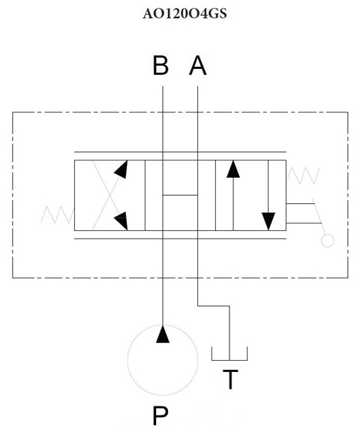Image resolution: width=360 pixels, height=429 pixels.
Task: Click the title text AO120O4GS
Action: click(x=184, y=13)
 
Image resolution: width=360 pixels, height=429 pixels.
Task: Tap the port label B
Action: click(x=160, y=65)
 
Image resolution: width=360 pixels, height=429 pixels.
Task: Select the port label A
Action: click(x=197, y=65)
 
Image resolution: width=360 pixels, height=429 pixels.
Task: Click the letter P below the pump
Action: click(x=160, y=415)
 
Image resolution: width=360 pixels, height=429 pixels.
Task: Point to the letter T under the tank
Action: click(x=230, y=379)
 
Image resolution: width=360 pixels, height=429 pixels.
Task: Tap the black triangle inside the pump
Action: click(x=163, y=334)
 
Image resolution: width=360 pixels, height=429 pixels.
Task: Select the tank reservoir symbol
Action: click(x=229, y=359)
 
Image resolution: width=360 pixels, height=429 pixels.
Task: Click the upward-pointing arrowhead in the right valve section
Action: click(x=233, y=169)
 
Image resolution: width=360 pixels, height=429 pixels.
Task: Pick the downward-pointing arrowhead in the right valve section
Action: click(x=268, y=221)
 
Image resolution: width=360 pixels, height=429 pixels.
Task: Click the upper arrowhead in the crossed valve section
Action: click(x=121, y=169)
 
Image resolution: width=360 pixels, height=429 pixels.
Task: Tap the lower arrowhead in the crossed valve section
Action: click(x=121, y=220)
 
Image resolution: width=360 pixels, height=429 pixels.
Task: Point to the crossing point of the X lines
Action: click(x=110, y=195)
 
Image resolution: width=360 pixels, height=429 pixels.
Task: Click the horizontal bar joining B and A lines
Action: click(x=180, y=195)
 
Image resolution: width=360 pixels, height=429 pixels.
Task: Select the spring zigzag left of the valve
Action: click(x=58, y=215)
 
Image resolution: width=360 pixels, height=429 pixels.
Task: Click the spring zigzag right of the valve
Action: click(x=303, y=176)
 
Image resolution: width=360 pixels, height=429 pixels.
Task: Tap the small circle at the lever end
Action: click(x=328, y=241)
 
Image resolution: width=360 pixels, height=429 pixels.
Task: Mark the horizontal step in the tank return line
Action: click(x=213, y=306)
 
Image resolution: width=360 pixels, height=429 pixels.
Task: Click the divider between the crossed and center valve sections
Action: click(x=145, y=195)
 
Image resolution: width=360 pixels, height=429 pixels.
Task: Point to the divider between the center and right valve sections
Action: click(x=215, y=195)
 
